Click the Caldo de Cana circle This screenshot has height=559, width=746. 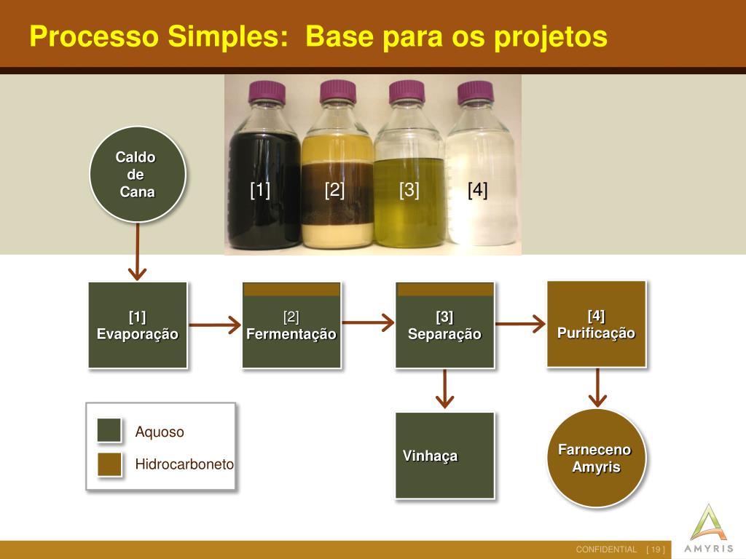coord(138,175)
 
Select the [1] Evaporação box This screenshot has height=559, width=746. coord(138,325)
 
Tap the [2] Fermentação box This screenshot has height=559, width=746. coord(291,325)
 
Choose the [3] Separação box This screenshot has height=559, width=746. coord(444,325)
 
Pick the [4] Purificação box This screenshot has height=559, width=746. coord(597,324)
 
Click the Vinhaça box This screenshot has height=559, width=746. coord(444,456)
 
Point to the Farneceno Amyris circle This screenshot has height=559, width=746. coord(597,458)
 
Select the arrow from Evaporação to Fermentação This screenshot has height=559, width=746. coord(214,325)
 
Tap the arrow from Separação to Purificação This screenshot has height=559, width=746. coord(520,322)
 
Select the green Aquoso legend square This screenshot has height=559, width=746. coord(109,430)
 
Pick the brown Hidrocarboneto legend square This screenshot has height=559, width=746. coord(109,464)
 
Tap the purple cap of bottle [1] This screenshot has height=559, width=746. coord(264,92)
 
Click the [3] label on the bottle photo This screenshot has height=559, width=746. coord(409,191)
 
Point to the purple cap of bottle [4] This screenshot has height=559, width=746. coord(475,92)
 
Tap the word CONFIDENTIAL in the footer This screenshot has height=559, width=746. coord(606,549)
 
